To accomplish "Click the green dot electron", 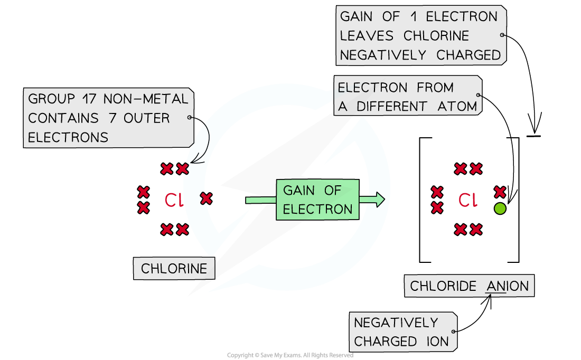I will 500,209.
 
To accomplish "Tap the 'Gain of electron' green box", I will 317,200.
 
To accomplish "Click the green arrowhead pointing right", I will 377,200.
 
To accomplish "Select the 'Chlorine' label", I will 174,269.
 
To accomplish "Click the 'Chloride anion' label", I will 469,286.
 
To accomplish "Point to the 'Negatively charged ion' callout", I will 402,332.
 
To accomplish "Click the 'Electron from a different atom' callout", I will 407,97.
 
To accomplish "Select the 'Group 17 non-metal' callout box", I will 108,118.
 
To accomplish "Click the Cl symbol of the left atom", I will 175,200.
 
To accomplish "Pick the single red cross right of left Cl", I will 206,198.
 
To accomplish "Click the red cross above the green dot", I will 500,192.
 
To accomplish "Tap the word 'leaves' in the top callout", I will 367,36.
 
